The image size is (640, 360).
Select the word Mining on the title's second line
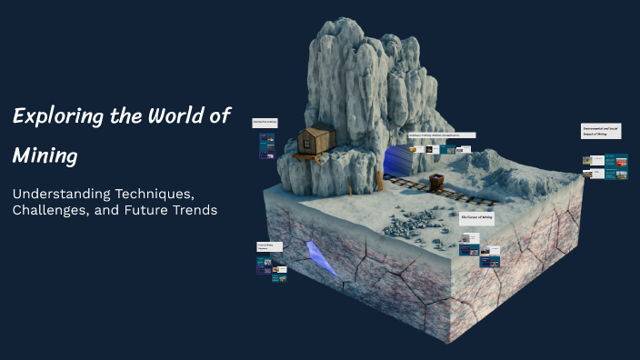pos(45,155)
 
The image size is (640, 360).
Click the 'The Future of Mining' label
pos(476,218)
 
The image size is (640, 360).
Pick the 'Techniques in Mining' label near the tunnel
pos(441,135)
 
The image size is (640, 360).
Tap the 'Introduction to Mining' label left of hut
pos(265,122)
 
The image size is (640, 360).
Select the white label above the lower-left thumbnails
pos(269,245)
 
